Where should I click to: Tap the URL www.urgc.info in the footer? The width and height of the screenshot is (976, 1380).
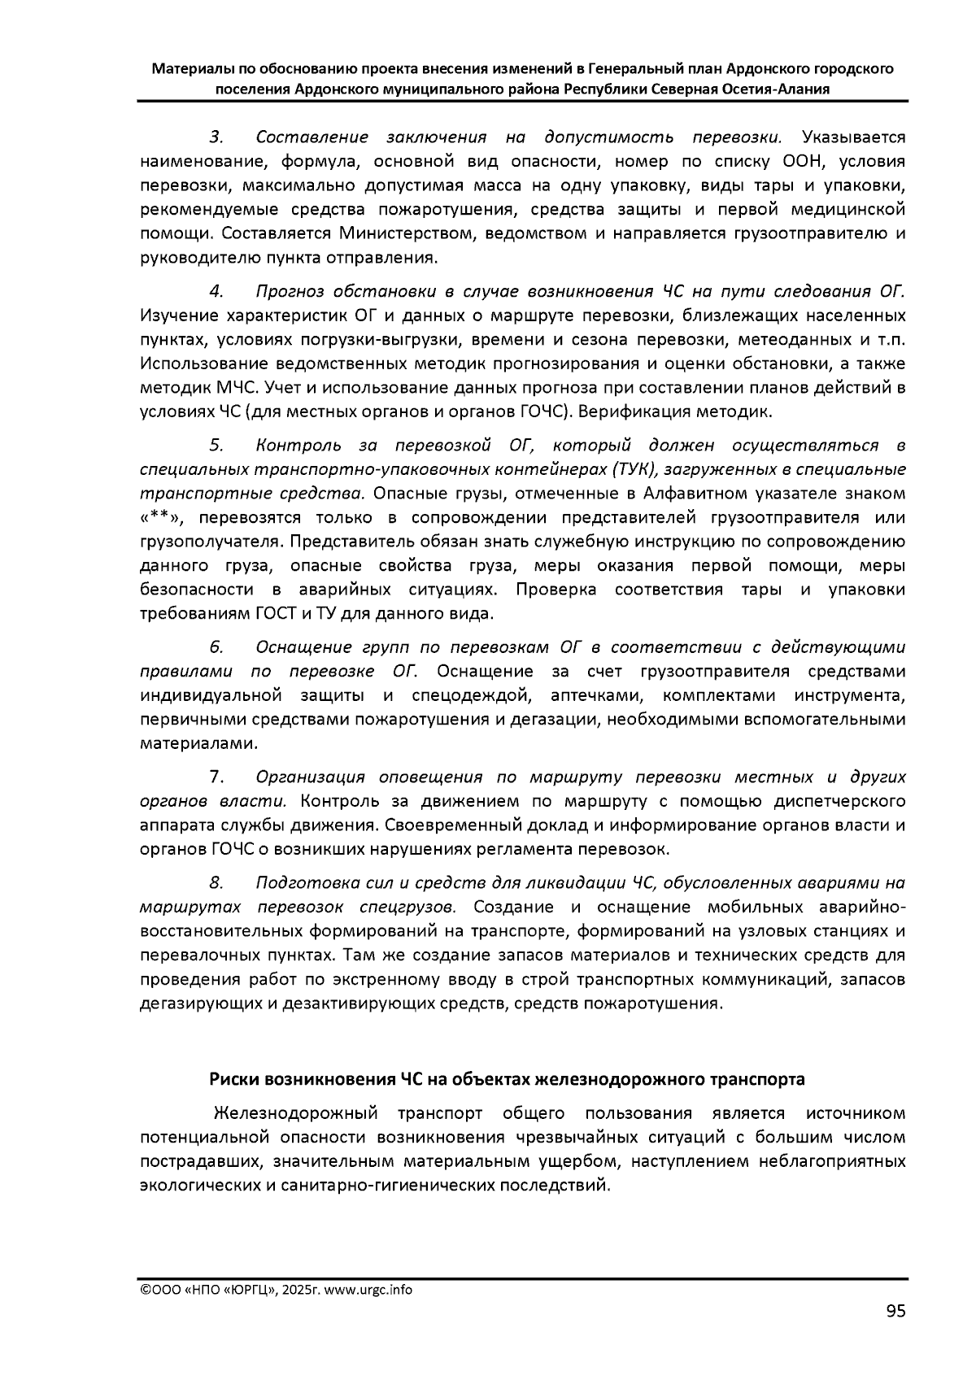(x=368, y=1291)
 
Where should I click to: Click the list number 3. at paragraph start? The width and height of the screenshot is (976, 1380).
(x=217, y=137)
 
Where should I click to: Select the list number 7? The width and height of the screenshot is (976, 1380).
(x=217, y=777)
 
